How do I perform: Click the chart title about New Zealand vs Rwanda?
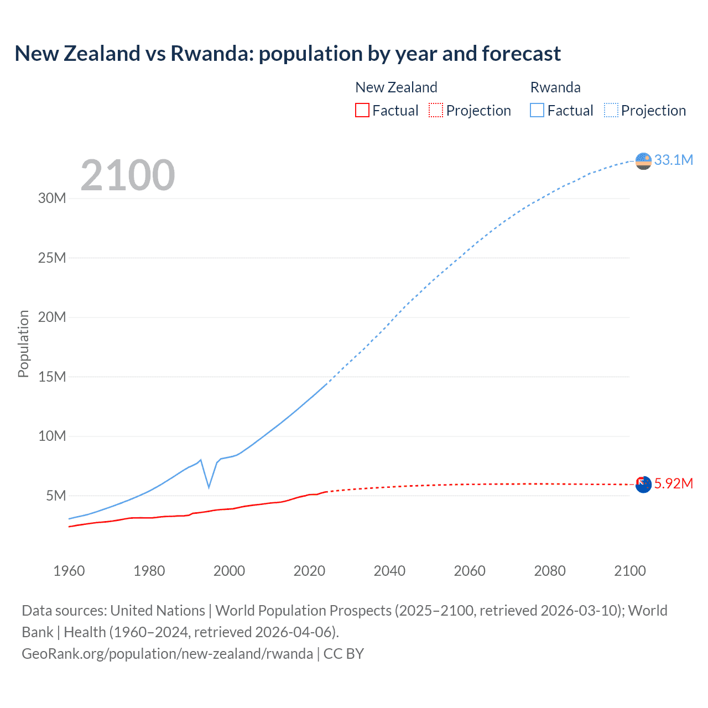click(x=288, y=54)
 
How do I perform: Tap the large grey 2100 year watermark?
click(x=128, y=175)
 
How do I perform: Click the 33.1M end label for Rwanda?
click(x=673, y=160)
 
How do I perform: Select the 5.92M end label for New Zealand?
click(x=673, y=484)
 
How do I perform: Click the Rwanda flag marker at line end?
click(x=643, y=161)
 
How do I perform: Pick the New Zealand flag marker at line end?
click(x=643, y=485)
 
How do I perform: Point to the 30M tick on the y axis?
click(x=52, y=199)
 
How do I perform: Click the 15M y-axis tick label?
click(x=52, y=377)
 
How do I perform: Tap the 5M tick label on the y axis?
click(x=56, y=496)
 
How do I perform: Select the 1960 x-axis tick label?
click(x=69, y=571)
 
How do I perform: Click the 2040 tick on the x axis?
click(x=389, y=571)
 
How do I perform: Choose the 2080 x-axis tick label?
click(x=550, y=571)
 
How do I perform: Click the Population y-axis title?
click(x=23, y=343)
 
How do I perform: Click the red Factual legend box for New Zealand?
click(x=362, y=111)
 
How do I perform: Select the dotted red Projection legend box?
click(x=436, y=111)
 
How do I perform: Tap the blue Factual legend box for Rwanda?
click(x=537, y=111)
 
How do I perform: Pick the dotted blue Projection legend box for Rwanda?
click(x=611, y=111)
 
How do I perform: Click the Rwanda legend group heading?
click(x=555, y=87)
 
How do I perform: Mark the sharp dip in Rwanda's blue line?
click(x=209, y=487)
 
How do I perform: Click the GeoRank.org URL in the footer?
click(x=167, y=654)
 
